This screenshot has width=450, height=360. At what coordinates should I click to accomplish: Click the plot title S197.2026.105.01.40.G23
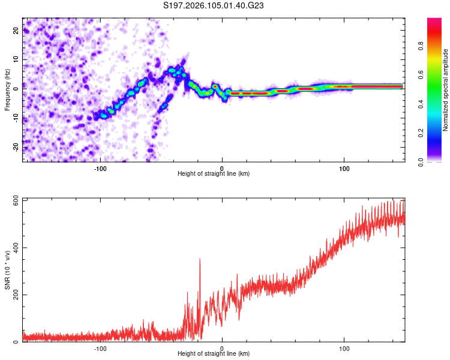pos(214,6)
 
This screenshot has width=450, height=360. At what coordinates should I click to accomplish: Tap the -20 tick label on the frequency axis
pos(16,146)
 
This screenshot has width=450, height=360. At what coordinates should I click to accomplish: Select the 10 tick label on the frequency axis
pos(16,59)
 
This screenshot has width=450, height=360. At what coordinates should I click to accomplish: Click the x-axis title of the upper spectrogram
pos(214,174)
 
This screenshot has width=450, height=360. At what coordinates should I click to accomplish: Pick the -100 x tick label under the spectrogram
pos(100,168)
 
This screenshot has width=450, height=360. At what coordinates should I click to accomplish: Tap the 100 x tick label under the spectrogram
pos(344,168)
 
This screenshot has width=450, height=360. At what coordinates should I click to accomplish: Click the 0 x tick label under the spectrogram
pos(222,168)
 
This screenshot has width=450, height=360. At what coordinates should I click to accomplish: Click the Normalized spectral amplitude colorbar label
pos(446,90)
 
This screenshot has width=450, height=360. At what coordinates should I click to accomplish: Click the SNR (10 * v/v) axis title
pos(7,270)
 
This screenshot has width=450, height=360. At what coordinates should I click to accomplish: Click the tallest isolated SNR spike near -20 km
pos(200,259)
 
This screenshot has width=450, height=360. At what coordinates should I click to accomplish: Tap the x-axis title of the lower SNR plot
pos(214,354)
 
